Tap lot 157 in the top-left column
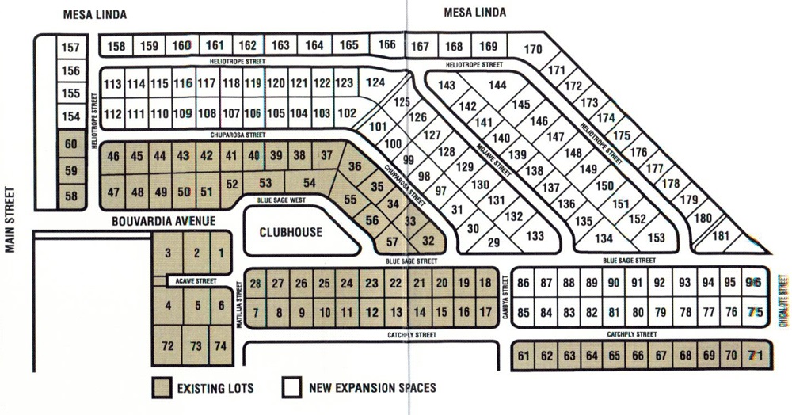point(71,48)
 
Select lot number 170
point(533,50)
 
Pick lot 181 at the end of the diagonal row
point(720,235)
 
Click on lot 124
point(376,82)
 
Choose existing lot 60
point(71,144)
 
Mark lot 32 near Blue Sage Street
point(428,240)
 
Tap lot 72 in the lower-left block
point(167,346)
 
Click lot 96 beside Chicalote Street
point(754,282)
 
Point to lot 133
point(535,235)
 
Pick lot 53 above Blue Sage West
point(266,184)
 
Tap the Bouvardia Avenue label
point(162,219)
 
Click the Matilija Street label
point(236,309)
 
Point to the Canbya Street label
point(505,299)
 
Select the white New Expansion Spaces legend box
point(290,388)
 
